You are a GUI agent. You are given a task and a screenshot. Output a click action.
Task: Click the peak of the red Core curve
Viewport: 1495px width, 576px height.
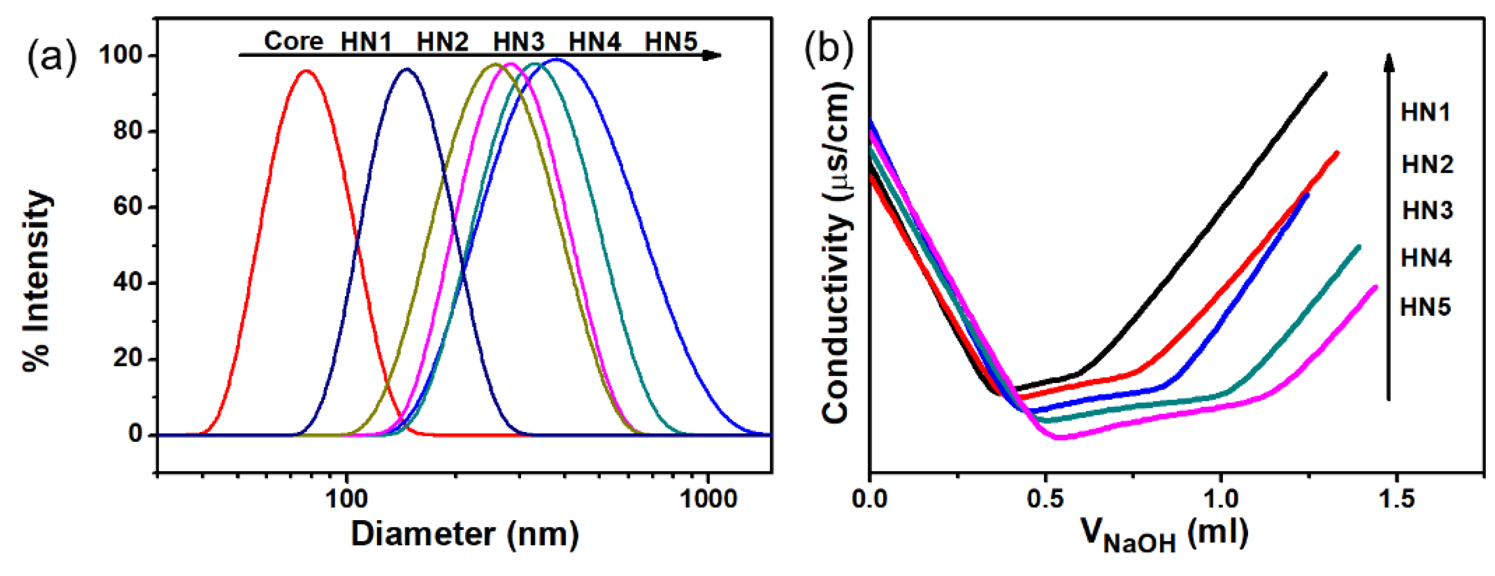click(306, 71)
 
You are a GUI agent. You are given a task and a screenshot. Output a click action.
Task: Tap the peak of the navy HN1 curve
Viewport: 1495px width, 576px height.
click(406, 70)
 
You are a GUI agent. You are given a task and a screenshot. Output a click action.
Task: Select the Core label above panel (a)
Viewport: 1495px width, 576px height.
click(293, 41)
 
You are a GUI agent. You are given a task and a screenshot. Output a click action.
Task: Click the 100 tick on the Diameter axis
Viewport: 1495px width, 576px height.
click(346, 498)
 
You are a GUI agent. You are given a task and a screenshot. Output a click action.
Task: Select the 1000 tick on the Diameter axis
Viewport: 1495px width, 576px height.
click(708, 498)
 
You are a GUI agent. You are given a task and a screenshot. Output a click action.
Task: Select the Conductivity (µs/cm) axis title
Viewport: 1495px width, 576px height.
click(836, 253)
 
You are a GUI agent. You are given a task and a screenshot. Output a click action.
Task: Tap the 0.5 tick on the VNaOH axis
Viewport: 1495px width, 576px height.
click(1045, 498)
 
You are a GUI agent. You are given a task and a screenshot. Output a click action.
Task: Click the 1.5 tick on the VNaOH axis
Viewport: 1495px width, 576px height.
click(1396, 498)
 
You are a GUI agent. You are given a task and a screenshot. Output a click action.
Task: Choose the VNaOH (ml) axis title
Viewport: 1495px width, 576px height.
click(1164, 534)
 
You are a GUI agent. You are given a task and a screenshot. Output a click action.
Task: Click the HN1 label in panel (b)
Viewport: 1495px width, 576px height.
click(1425, 113)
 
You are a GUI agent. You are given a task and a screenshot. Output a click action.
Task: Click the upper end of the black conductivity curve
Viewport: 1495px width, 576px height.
click(1325, 74)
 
